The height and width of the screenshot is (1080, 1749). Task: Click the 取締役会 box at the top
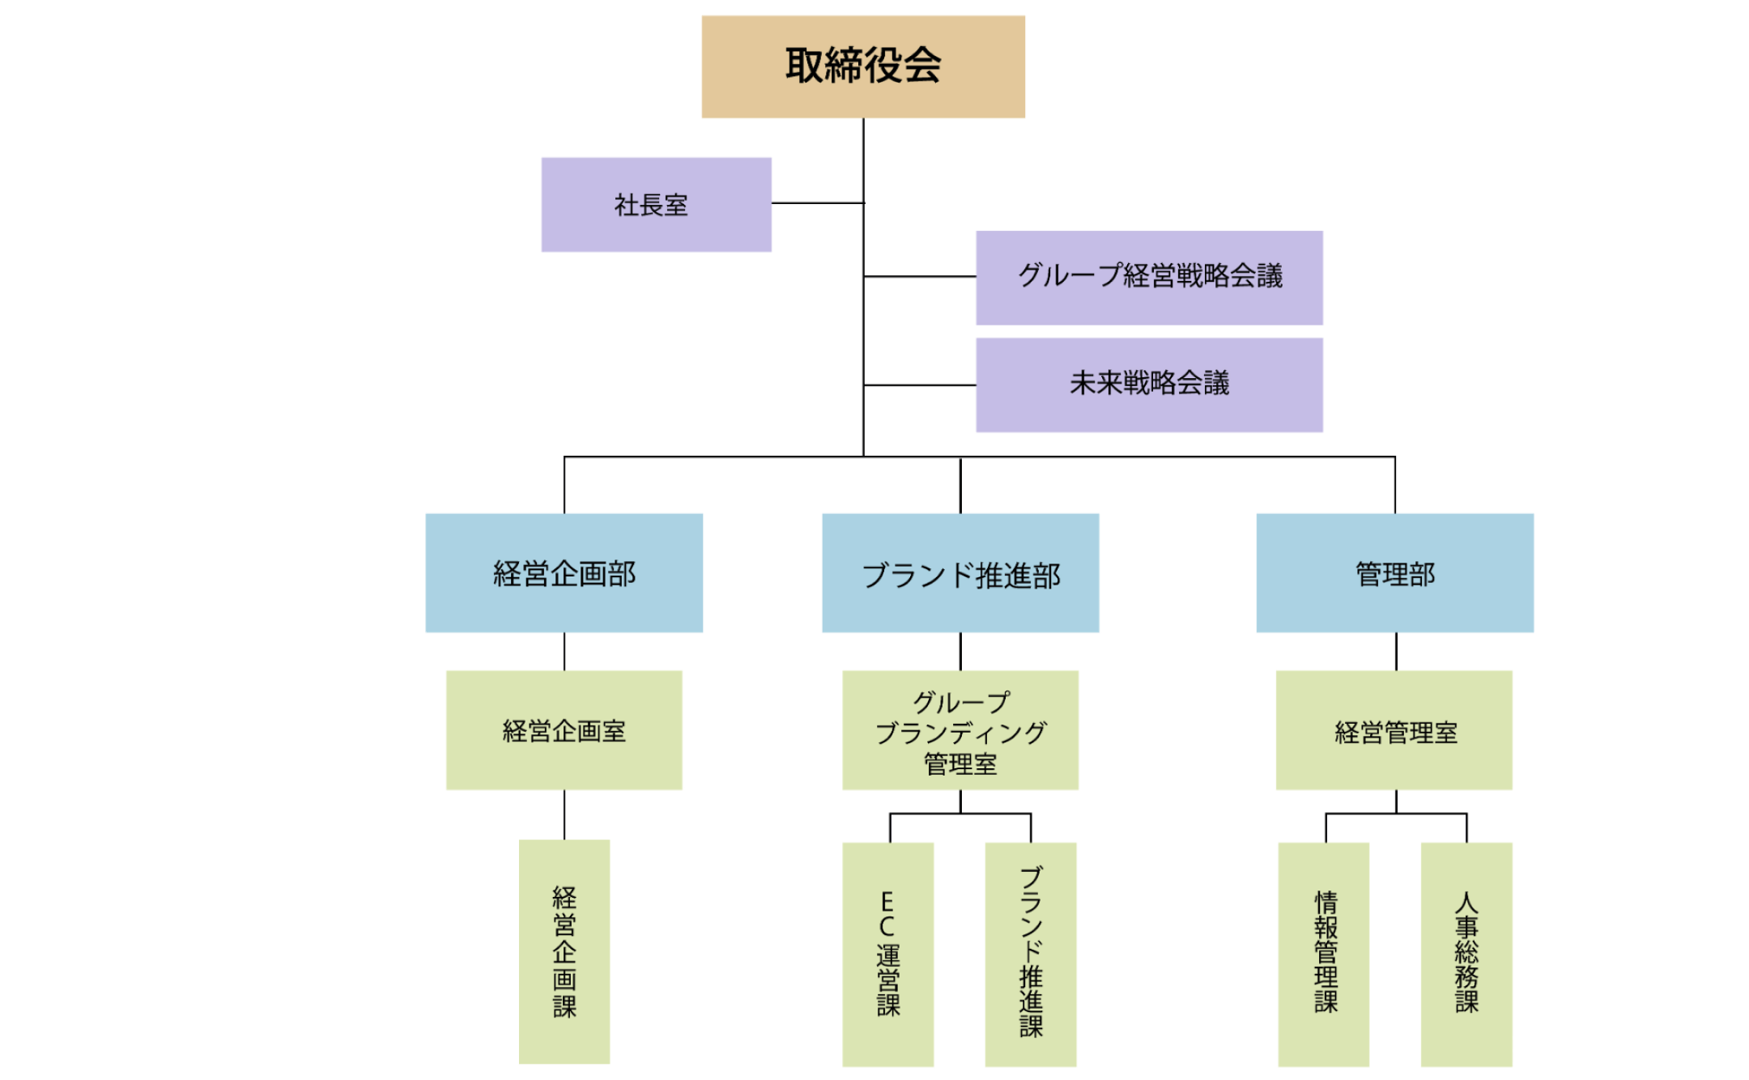(x=863, y=66)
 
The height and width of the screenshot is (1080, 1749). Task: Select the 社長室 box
(x=656, y=204)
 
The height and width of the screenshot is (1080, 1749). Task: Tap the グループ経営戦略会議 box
(x=1149, y=277)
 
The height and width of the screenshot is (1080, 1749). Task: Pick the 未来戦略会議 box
(x=1149, y=385)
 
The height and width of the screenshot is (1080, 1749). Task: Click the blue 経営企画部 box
(x=564, y=572)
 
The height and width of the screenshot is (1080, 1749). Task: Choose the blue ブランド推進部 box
(x=960, y=572)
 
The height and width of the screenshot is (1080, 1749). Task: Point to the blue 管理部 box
(x=1394, y=572)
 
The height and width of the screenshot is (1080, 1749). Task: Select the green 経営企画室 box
(x=564, y=729)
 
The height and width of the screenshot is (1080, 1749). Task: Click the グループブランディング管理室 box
(x=960, y=729)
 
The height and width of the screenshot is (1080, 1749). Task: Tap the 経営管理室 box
(x=1394, y=729)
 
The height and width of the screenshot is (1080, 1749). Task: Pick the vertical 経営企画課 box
(x=564, y=951)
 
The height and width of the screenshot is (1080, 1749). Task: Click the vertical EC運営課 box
(x=888, y=954)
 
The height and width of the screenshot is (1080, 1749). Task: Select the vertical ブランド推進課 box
(x=1031, y=954)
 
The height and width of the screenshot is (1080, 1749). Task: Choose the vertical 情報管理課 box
(x=1324, y=954)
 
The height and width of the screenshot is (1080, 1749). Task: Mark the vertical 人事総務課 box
(x=1466, y=954)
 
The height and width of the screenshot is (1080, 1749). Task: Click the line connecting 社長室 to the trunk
(x=817, y=203)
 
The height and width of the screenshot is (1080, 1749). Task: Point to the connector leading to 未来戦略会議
(x=920, y=385)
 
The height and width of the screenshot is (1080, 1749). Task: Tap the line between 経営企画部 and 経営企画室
(x=564, y=651)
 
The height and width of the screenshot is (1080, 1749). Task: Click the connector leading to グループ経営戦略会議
(x=920, y=277)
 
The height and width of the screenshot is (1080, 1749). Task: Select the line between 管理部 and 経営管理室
(x=1396, y=651)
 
